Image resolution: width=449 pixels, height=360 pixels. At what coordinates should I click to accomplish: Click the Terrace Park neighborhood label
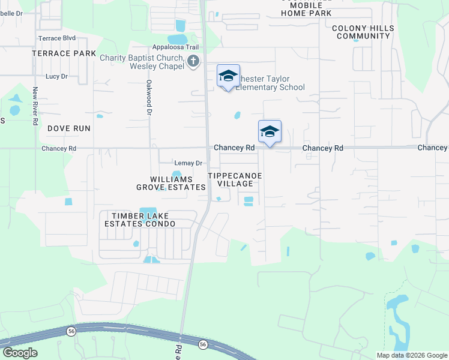pyautogui.click(x=64, y=53)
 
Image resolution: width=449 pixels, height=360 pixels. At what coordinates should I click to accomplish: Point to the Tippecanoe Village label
pyautogui.click(x=235, y=179)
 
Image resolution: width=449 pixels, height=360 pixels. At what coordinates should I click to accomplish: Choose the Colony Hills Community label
pyautogui.click(x=363, y=32)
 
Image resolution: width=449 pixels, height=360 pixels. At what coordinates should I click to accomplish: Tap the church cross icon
pyautogui.click(x=193, y=61)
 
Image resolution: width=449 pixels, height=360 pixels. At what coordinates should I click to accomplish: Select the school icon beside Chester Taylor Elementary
pyautogui.click(x=228, y=76)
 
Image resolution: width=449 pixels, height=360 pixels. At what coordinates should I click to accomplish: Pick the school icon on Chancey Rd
pyautogui.click(x=270, y=131)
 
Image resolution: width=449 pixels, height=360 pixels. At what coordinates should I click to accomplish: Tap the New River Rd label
pyautogui.click(x=35, y=106)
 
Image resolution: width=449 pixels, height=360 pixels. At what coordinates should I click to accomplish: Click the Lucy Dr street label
pyautogui.click(x=56, y=77)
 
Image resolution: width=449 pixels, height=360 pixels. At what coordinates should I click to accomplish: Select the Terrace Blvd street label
pyautogui.click(x=57, y=38)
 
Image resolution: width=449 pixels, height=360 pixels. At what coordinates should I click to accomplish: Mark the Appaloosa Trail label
pyautogui.click(x=175, y=47)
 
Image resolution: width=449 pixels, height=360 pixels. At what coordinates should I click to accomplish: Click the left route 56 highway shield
pyautogui.click(x=71, y=332)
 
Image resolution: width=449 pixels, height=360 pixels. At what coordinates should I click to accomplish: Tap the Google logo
pyautogui.click(x=20, y=353)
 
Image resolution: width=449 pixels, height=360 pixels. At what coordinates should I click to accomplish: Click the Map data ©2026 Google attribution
pyautogui.click(x=412, y=355)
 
